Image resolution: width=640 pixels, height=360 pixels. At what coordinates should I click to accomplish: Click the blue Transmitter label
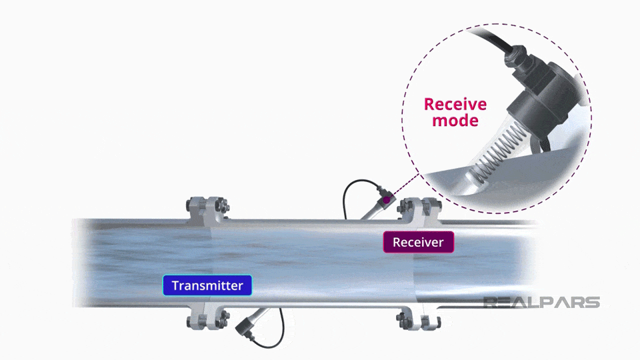pyautogui.click(x=207, y=285)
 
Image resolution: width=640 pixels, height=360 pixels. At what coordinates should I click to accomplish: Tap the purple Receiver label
pyautogui.click(x=418, y=242)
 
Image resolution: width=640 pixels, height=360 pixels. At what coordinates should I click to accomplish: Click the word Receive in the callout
pyautogui.click(x=455, y=105)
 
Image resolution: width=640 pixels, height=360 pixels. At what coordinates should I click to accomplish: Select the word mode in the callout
pyautogui.click(x=455, y=121)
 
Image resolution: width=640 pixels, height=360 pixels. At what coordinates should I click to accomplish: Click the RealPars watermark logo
pyautogui.click(x=541, y=303)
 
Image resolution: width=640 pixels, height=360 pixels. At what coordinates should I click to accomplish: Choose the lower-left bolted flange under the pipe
pyautogui.click(x=207, y=319)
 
